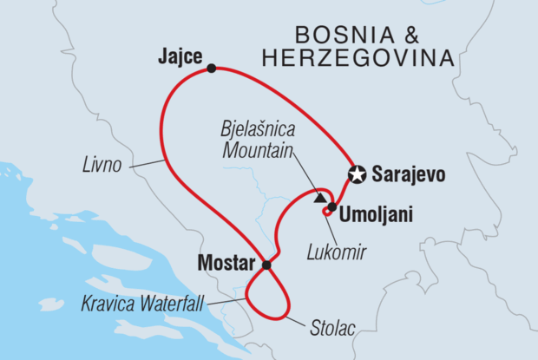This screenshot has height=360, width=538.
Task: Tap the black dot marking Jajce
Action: tap(211, 67)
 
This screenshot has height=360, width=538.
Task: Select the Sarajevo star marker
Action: tap(356, 174)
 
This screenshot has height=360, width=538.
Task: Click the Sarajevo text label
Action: tap(408, 175)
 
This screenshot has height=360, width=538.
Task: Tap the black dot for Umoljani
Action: tap(332, 206)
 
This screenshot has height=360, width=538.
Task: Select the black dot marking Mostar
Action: tap(266, 265)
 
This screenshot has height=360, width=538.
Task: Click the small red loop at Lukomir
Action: tap(325, 210)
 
